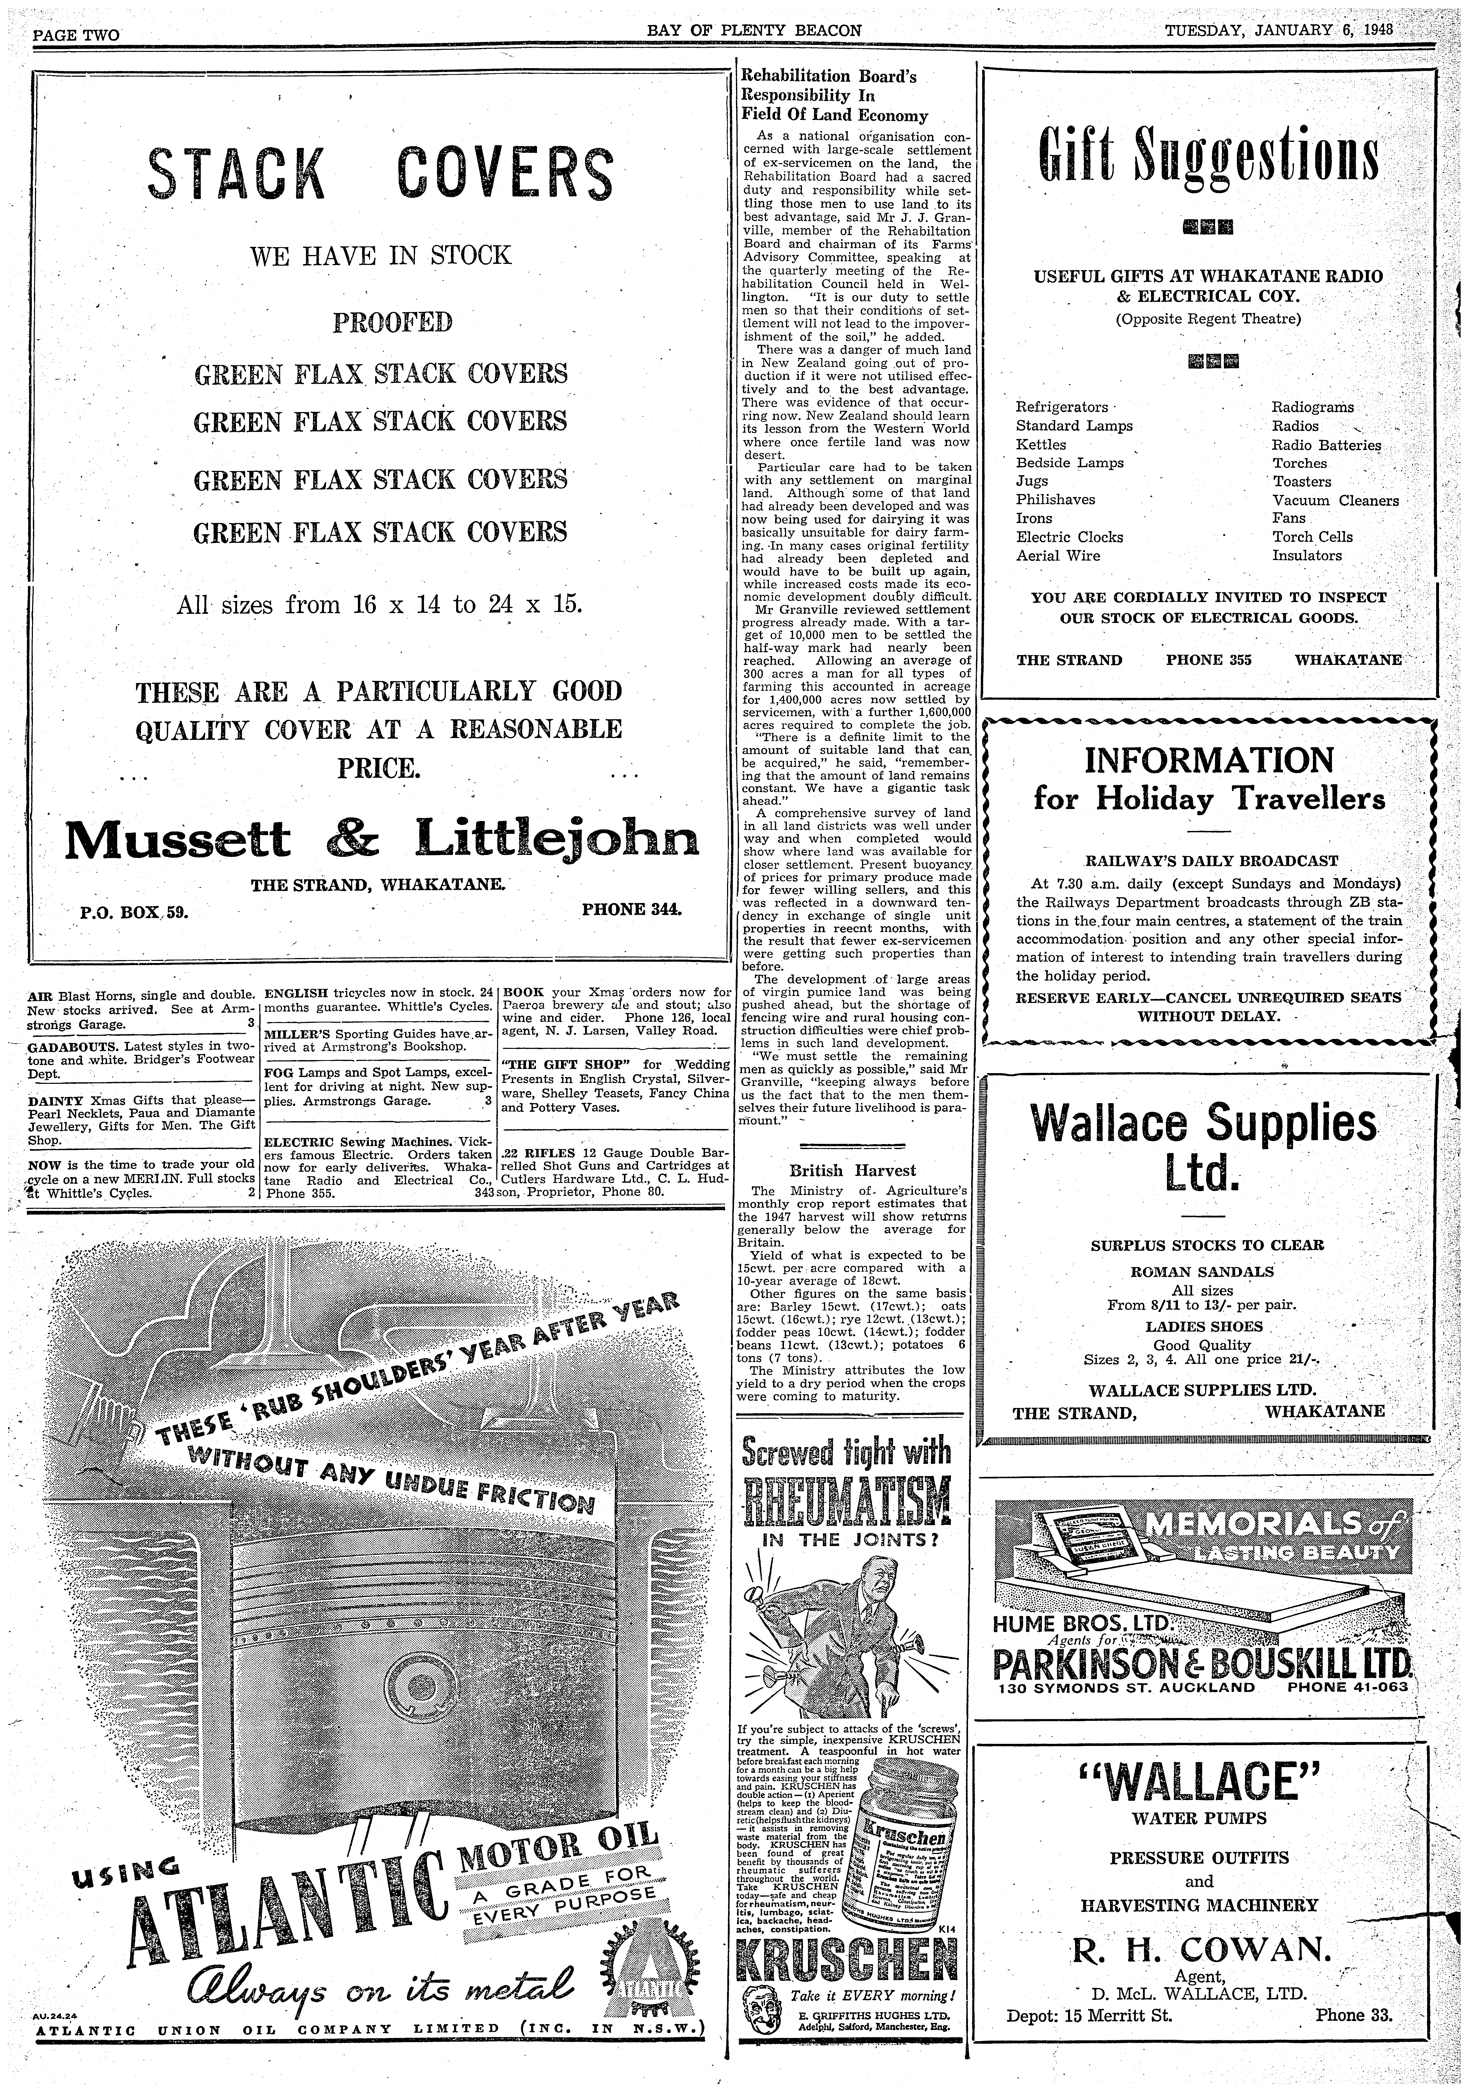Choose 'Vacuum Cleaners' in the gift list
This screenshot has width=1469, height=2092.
pyautogui.click(x=1335, y=500)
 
